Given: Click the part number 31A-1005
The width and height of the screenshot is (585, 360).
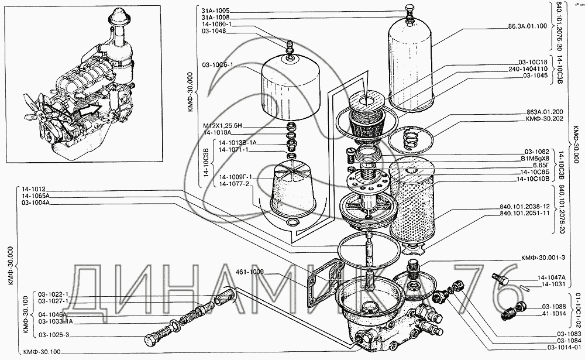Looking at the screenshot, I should [x=214, y=11].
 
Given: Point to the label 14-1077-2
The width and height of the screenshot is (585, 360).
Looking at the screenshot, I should [x=234, y=184].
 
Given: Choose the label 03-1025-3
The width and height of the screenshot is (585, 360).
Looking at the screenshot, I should [x=54, y=335].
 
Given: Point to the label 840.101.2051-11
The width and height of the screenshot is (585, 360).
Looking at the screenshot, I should [x=524, y=214].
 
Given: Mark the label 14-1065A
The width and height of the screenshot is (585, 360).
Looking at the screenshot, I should [x=36, y=196].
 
